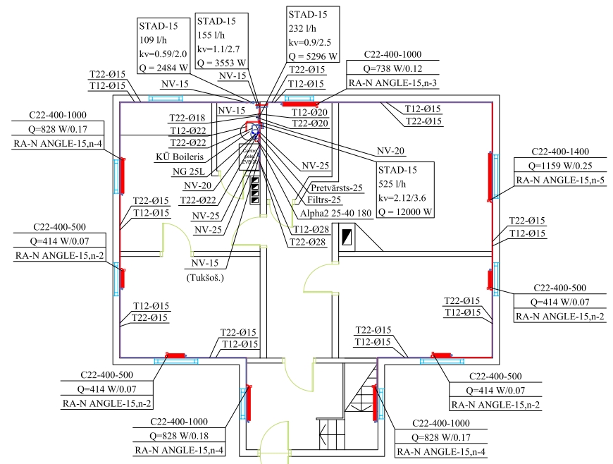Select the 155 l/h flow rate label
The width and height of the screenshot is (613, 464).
211,35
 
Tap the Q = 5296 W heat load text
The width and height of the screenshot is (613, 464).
313,55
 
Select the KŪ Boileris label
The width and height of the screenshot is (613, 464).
180,157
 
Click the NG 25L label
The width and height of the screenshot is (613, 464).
190,171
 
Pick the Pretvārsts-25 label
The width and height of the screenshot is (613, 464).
336,188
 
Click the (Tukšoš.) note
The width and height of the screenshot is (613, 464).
204,278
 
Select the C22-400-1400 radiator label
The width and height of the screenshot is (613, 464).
559,152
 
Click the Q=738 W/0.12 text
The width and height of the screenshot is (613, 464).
392,68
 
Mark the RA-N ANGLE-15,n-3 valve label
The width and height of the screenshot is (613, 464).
392,83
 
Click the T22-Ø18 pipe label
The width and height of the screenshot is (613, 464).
187,118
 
